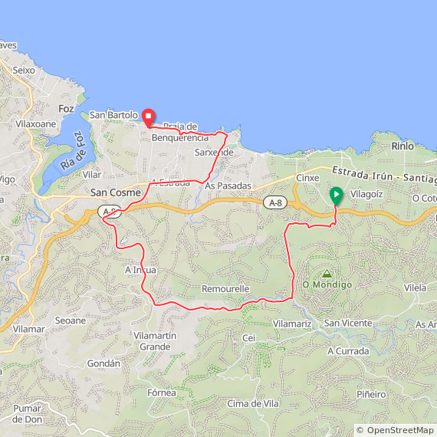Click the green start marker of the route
[x=336, y=195]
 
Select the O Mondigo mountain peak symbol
[x=327, y=274]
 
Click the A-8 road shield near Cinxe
[x=275, y=202]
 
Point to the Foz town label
[x=66, y=109]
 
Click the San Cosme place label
[x=116, y=192]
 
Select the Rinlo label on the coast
[x=402, y=146]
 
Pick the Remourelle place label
[x=225, y=289]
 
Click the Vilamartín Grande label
[x=155, y=341]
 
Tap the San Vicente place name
[x=348, y=323]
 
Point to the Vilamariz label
[x=292, y=324]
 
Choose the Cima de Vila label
[x=253, y=403]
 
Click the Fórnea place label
[x=162, y=393]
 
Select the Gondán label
[x=103, y=363]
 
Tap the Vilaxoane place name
[x=36, y=123]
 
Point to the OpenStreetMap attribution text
[x=395, y=430]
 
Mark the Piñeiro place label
[x=371, y=394]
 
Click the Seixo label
[x=24, y=70]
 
